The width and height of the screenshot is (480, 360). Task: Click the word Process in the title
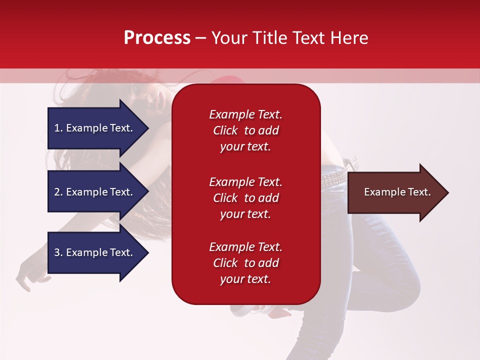click(157, 38)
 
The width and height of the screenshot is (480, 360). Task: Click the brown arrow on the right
click(395, 192)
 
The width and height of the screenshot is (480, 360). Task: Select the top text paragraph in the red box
click(245, 130)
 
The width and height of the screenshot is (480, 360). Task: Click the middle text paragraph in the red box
click(245, 198)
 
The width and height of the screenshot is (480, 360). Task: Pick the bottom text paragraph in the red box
click(245, 263)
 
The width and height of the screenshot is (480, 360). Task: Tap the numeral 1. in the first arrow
click(58, 128)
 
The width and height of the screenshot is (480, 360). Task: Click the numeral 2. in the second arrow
click(58, 192)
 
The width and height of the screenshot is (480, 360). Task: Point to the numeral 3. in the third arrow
click(58, 252)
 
